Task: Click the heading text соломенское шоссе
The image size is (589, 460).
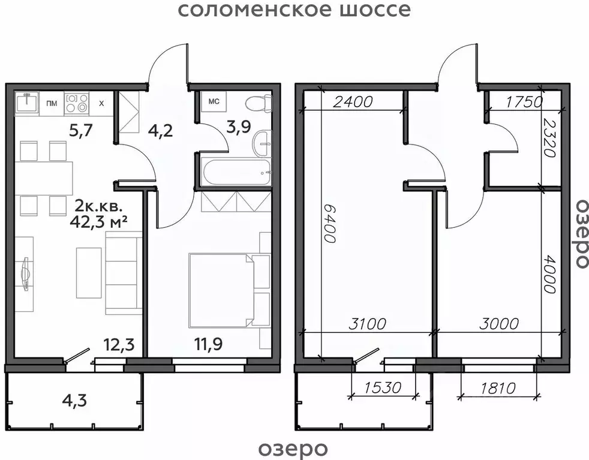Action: click(294, 10)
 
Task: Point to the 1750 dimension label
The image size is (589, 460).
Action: click(524, 101)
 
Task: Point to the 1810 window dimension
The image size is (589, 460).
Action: click(498, 388)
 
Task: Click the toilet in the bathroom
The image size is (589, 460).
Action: click(259, 103)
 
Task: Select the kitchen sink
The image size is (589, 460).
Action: click(26, 103)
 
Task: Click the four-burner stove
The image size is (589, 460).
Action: click(76, 103)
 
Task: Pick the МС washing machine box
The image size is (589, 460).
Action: click(214, 101)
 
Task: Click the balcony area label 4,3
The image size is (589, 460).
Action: click(74, 399)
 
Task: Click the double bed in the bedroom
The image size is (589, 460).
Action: click(220, 290)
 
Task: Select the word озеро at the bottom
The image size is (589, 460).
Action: click(293, 448)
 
